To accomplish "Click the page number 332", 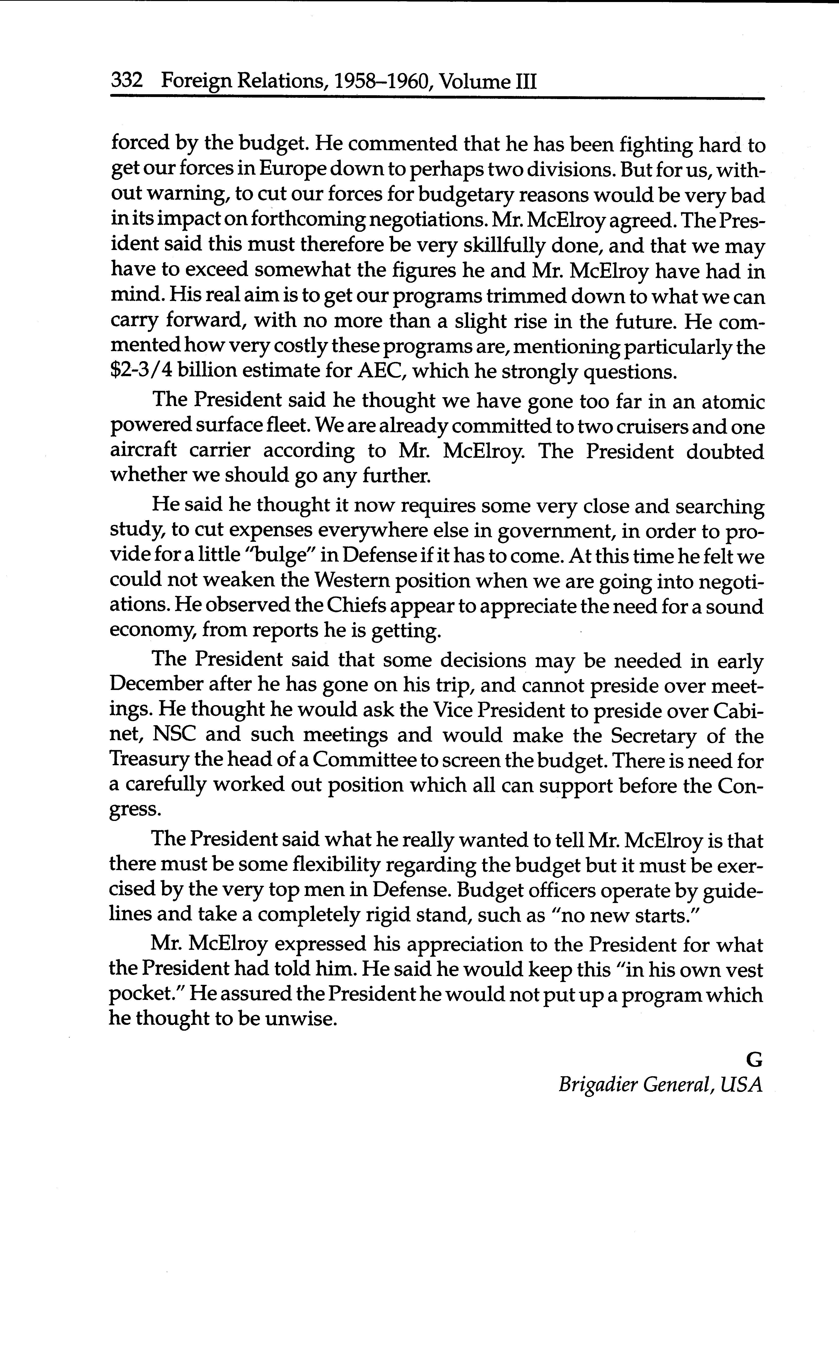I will point(127,82).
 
